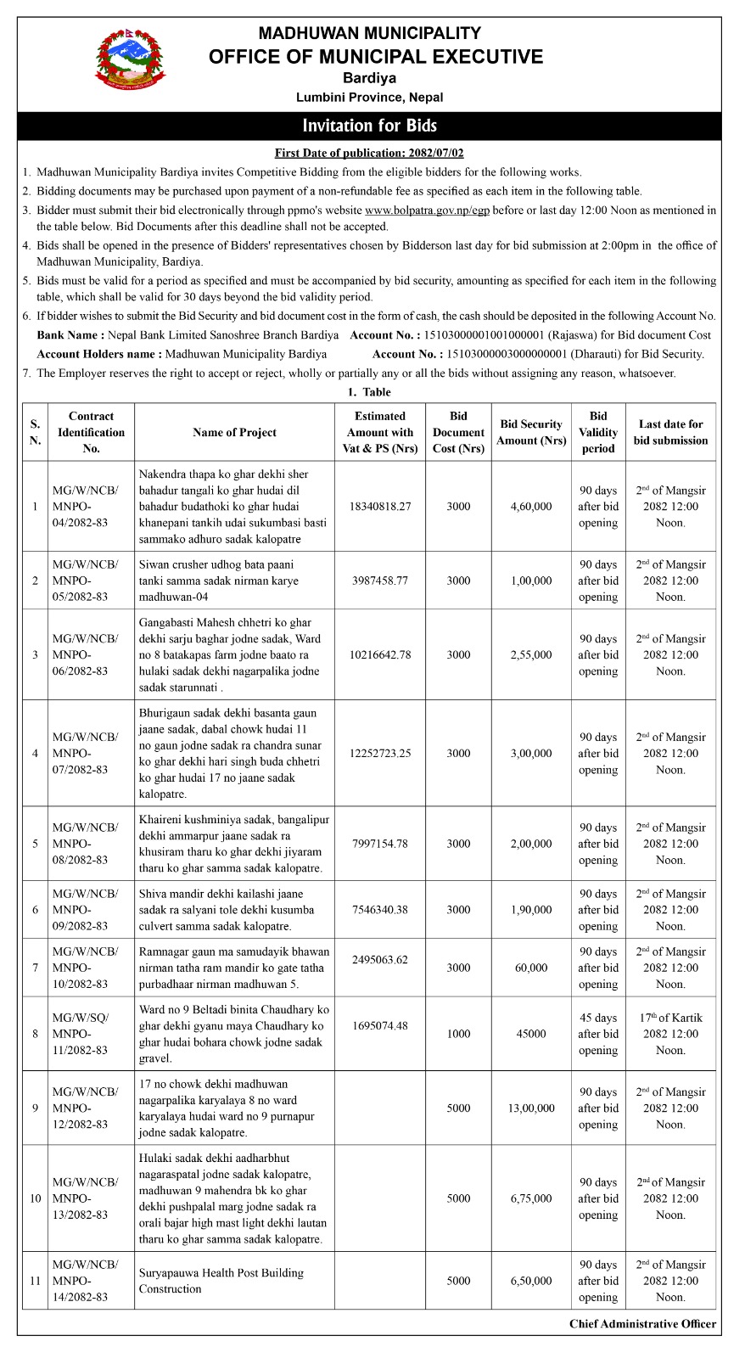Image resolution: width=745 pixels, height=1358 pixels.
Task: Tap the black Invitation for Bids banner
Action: [369, 126]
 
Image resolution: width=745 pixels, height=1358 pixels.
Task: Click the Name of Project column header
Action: [234, 432]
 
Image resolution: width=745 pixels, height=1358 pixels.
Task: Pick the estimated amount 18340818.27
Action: [379, 507]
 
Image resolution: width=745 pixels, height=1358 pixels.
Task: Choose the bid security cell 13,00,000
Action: [531, 1108]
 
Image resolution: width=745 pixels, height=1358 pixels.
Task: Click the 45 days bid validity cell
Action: [598, 1034]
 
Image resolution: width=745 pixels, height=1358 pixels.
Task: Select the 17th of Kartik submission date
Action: [670, 1034]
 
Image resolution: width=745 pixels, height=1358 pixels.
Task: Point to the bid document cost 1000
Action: [458, 1034]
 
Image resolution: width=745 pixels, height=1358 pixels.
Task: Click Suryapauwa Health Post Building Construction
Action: [221, 1281]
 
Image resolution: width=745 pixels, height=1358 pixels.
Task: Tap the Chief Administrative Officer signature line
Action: [642, 1324]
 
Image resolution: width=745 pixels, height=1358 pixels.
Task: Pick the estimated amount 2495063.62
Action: [379, 960]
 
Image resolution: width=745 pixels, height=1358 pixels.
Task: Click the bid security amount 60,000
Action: [531, 968]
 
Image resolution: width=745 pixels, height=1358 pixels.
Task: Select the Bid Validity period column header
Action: [598, 432]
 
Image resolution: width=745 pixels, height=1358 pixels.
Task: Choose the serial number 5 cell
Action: [35, 844]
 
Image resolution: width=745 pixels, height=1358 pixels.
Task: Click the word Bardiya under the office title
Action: [369, 78]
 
